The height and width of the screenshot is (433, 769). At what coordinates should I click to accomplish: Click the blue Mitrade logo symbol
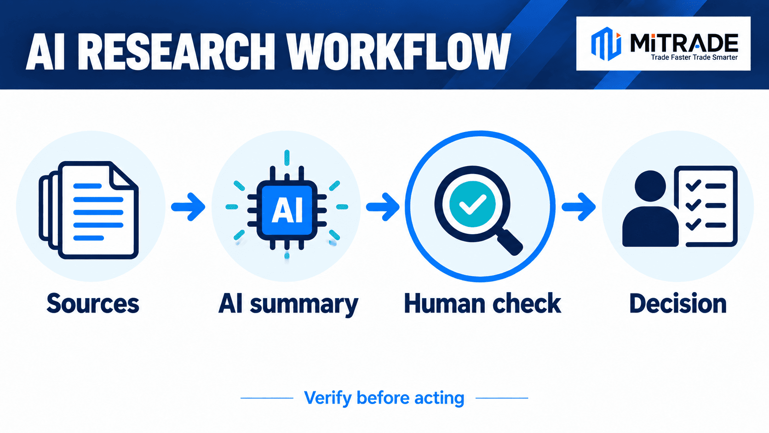point(606,44)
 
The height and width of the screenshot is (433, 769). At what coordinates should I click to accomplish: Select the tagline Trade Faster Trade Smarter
point(694,58)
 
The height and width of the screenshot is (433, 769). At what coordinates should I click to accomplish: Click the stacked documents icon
point(89,210)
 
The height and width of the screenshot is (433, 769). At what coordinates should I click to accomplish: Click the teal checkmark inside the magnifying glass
point(472,204)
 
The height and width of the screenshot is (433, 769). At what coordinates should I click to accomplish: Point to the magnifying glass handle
point(510,242)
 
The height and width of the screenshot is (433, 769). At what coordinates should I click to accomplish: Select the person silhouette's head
point(650,186)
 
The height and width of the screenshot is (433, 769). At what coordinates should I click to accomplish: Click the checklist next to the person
point(706,206)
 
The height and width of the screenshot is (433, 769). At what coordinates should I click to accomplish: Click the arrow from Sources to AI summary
point(188,207)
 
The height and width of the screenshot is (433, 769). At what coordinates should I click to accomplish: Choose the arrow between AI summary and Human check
point(383,207)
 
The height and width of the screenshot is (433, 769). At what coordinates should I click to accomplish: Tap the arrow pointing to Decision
point(579,207)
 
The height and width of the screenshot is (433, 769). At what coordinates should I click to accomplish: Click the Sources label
point(93,303)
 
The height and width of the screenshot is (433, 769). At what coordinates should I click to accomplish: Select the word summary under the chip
point(304,305)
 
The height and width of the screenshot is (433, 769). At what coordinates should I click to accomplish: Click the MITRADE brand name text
point(684,43)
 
